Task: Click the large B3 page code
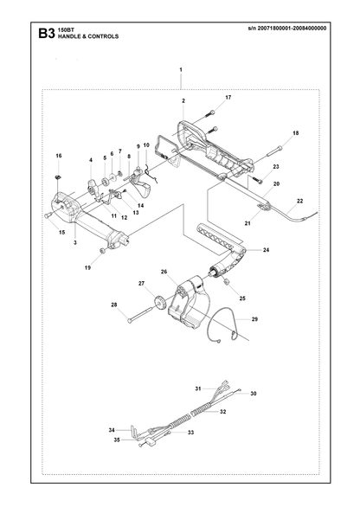(x=47, y=34)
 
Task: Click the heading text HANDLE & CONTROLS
(x=88, y=36)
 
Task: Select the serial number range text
(x=287, y=29)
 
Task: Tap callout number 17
(x=228, y=97)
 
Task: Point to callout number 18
(x=296, y=133)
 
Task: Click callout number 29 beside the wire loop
(x=254, y=319)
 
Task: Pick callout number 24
(x=266, y=250)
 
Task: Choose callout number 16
(x=59, y=156)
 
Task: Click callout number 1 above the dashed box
(x=181, y=69)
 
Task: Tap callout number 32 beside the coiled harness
(x=223, y=412)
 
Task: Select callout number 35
(x=117, y=440)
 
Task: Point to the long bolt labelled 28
(x=141, y=315)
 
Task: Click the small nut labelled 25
(x=227, y=282)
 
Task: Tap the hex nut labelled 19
(x=102, y=250)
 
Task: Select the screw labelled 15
(x=48, y=215)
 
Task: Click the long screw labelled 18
(x=274, y=151)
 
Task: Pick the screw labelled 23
(x=258, y=179)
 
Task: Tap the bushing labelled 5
(x=105, y=182)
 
